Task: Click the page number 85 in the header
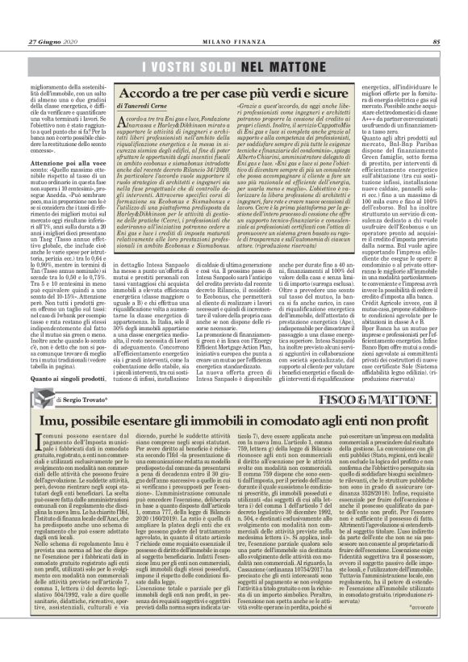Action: pos(437,20)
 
